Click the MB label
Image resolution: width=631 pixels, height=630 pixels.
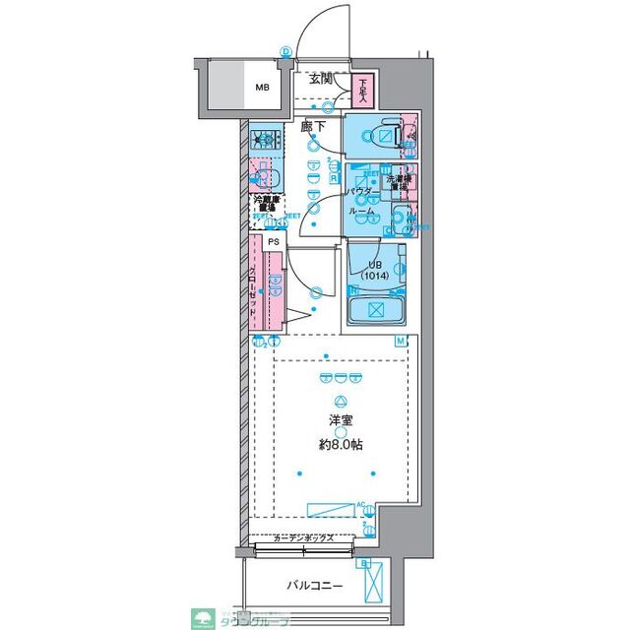(x=262, y=88)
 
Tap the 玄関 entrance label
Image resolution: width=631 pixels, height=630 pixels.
(x=321, y=80)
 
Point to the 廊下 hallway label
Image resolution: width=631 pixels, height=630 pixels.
(x=314, y=126)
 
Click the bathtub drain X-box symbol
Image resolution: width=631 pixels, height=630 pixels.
(x=374, y=309)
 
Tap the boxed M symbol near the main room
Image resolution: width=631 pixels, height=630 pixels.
(x=401, y=342)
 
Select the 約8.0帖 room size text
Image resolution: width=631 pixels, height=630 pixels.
(x=340, y=445)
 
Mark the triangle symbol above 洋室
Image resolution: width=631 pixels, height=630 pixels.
(x=341, y=401)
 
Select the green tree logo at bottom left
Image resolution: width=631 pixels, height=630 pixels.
(x=205, y=616)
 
